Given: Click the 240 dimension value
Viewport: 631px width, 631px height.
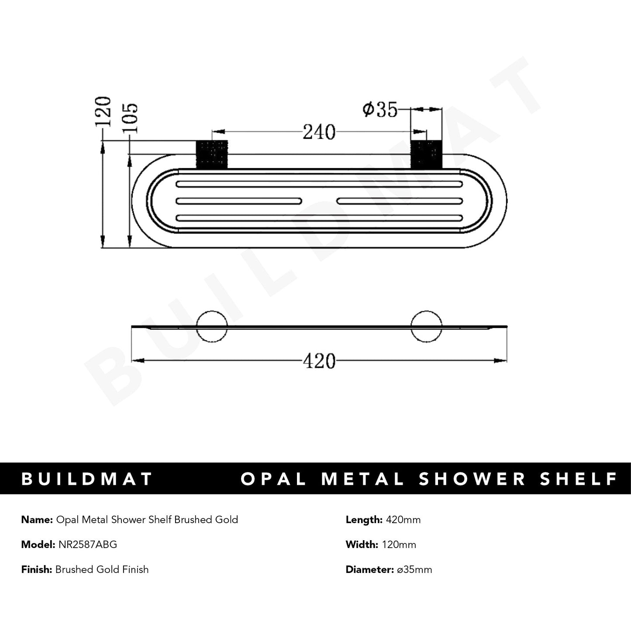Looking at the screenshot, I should [x=319, y=132].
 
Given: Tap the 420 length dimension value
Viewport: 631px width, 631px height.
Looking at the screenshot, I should [x=319, y=361].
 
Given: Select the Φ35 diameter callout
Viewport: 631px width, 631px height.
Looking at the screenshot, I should [x=380, y=110].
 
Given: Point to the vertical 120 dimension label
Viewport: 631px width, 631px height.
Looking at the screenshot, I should [x=104, y=112].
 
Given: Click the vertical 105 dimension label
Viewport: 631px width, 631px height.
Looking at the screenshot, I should [x=131, y=118].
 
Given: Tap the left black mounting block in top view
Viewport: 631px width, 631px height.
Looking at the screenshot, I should [x=212, y=154].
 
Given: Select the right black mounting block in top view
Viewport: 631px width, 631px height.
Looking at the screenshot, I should [x=427, y=154].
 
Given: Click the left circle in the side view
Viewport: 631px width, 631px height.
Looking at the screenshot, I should [x=212, y=326].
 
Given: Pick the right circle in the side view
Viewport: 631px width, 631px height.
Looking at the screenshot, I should [x=426, y=326].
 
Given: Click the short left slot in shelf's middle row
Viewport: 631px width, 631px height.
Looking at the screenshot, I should [x=239, y=201].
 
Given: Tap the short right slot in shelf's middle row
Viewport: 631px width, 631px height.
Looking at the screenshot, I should [x=400, y=201].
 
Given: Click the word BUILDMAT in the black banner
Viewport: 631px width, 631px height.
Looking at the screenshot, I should [x=86, y=479].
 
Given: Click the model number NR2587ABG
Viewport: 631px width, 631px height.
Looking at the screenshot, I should [x=86, y=545].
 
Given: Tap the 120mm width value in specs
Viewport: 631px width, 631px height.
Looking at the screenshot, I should [x=398, y=545].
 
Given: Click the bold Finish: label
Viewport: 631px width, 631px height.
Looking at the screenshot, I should [x=37, y=569].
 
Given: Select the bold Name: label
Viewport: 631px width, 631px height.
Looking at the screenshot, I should [x=37, y=520].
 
